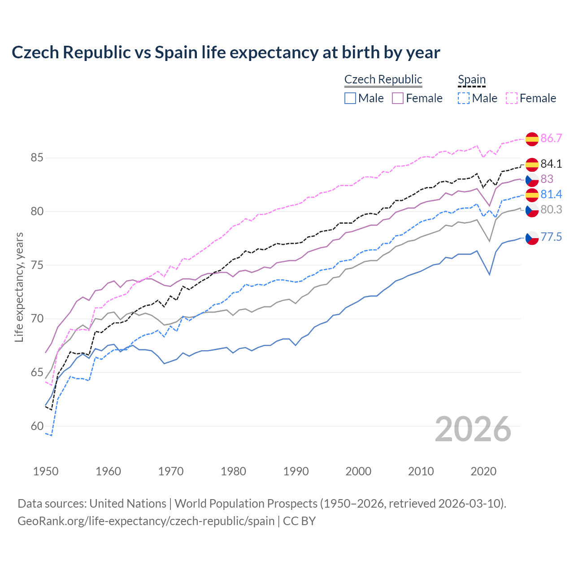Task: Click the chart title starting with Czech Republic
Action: [x=226, y=52]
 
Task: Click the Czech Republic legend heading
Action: [x=383, y=79]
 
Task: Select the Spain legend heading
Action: [x=471, y=79]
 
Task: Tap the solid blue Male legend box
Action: [x=350, y=98]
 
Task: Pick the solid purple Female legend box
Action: [x=398, y=98]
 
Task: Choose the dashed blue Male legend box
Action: [x=464, y=98]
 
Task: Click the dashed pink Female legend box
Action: [x=511, y=98]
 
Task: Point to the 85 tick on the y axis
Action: [x=37, y=158]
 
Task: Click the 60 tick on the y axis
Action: [x=37, y=426]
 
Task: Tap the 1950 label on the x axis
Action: [x=46, y=471]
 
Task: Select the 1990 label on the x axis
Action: [x=296, y=471]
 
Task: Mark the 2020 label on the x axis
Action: [x=483, y=471]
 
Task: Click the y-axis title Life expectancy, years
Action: [x=19, y=287]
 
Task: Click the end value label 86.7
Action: [x=551, y=138]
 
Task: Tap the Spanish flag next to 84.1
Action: [x=532, y=165]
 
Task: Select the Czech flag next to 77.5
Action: [x=532, y=238]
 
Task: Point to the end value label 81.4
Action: [x=551, y=194]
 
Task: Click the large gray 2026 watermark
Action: [x=473, y=429]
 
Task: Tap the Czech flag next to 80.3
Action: [x=532, y=210]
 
